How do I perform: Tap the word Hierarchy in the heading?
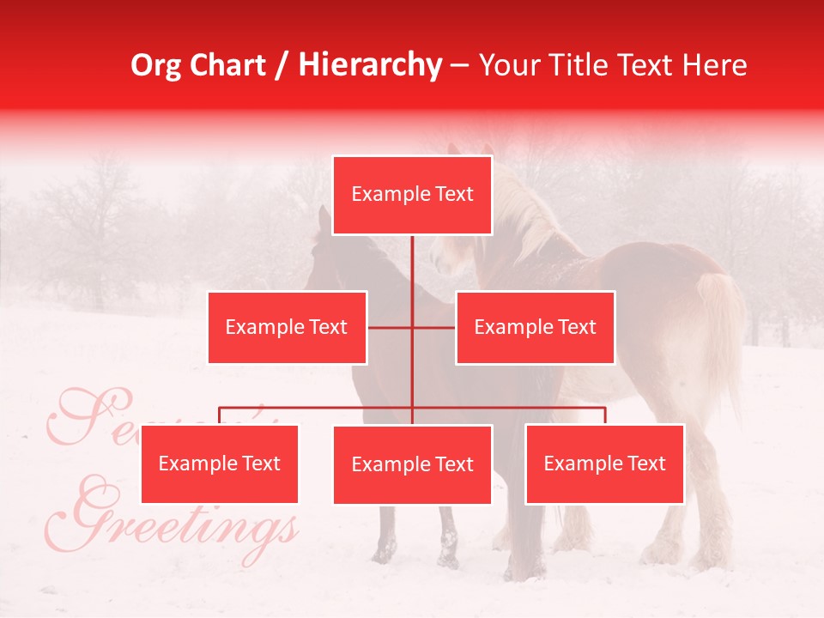370,65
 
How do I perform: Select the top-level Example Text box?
412,195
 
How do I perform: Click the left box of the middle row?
287,327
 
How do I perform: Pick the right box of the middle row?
535,327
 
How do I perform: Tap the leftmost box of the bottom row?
219,463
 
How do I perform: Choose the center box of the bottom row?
412,464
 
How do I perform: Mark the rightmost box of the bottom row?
604,463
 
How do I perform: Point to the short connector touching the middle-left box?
389,327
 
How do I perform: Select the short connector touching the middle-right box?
434,327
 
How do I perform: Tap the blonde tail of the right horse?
721,326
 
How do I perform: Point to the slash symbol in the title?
282,65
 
